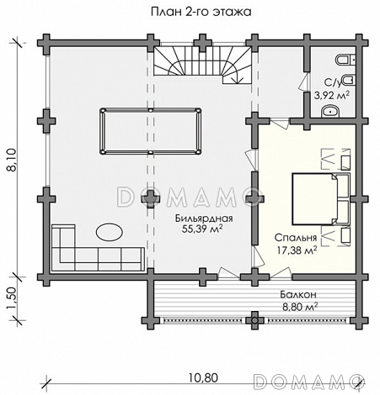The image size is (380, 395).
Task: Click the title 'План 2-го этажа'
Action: (x=201, y=12)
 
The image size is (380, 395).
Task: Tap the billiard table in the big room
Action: (x=151, y=131)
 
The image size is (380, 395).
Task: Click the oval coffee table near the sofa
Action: (x=110, y=232)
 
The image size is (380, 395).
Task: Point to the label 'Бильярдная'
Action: (x=204, y=219)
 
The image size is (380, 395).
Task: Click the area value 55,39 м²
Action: (x=202, y=229)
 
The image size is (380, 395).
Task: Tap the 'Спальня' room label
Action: (x=296, y=238)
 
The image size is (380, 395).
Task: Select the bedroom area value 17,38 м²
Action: (x=297, y=250)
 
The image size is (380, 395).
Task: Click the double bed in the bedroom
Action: (x=321, y=199)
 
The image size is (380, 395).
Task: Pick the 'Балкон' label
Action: (x=298, y=295)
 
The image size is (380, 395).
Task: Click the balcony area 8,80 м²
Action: (x=300, y=307)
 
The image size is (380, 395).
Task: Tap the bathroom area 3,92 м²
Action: (x=332, y=95)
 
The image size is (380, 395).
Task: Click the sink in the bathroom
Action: (x=330, y=112)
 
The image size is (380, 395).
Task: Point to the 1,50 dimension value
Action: (x=13, y=299)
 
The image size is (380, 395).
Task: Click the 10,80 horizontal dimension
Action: (x=203, y=378)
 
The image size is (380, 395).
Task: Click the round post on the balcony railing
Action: (x=254, y=320)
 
